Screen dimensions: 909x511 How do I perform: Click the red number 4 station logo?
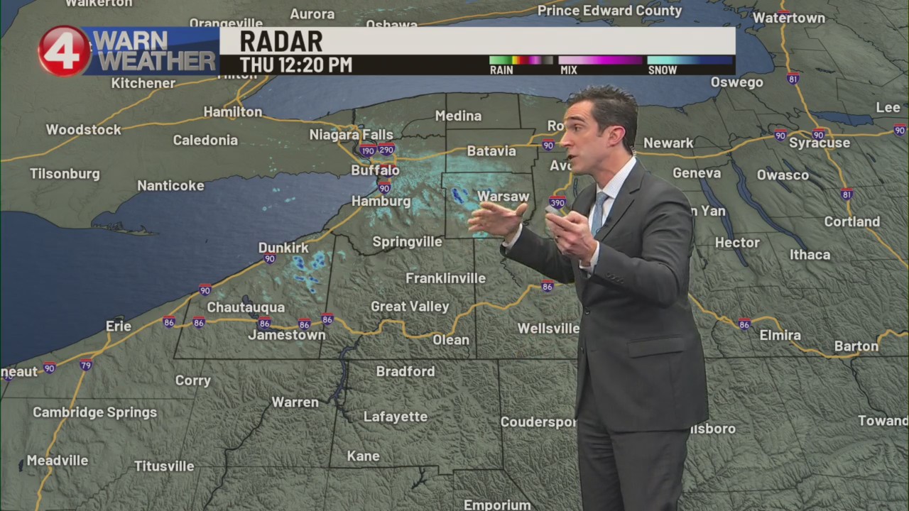(64, 51)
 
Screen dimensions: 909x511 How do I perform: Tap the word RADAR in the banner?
(281, 41)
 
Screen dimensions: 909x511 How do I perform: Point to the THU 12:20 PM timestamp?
(295, 65)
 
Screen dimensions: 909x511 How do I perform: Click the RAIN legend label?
(501, 70)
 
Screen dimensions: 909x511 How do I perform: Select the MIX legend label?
(568, 70)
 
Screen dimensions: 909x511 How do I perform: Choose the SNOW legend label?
(662, 70)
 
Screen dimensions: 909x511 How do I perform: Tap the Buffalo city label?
(375, 170)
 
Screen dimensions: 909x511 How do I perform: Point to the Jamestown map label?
(286, 335)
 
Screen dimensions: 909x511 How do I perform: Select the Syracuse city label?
(820, 143)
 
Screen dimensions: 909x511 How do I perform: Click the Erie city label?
(119, 326)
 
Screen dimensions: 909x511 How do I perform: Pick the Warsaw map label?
(503, 197)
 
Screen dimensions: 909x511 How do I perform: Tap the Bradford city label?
(405, 371)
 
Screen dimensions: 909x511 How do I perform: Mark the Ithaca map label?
(810, 255)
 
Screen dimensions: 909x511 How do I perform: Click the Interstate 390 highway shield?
(557, 203)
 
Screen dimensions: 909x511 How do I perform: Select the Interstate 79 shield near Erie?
(86, 365)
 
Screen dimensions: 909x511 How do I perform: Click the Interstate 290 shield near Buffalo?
(387, 149)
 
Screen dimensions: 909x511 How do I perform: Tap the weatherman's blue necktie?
(599, 212)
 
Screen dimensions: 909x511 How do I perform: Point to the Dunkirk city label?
(283, 248)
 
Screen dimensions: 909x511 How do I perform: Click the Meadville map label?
(58, 461)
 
